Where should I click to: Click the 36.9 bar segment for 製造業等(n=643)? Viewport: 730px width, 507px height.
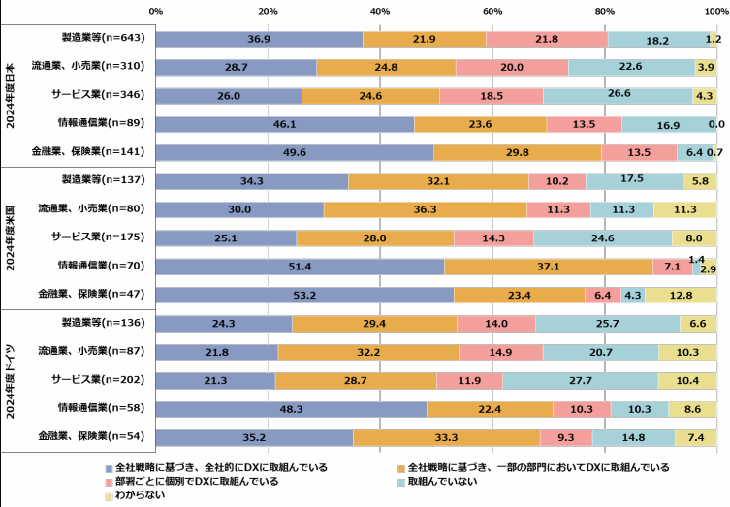tap(259, 39)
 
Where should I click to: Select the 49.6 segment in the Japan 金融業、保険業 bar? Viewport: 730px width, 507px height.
tap(295, 152)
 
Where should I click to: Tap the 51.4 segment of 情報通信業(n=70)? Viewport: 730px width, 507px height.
tap(300, 267)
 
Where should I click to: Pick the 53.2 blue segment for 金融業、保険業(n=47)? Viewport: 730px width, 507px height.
tap(304, 295)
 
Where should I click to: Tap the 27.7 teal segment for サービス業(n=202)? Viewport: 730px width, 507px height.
tap(581, 380)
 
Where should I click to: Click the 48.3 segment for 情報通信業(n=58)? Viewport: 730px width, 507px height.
tap(291, 409)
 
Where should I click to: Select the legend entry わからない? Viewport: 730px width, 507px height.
tap(142, 495)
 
